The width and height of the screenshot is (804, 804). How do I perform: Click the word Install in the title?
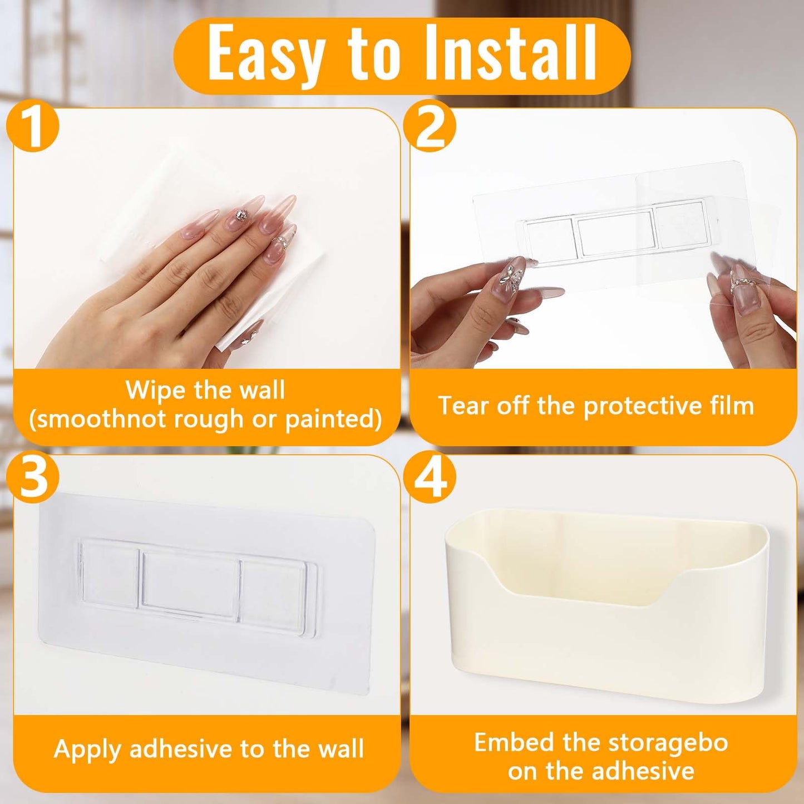[510, 53]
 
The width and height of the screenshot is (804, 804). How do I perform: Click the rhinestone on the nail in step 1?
[241, 215]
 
